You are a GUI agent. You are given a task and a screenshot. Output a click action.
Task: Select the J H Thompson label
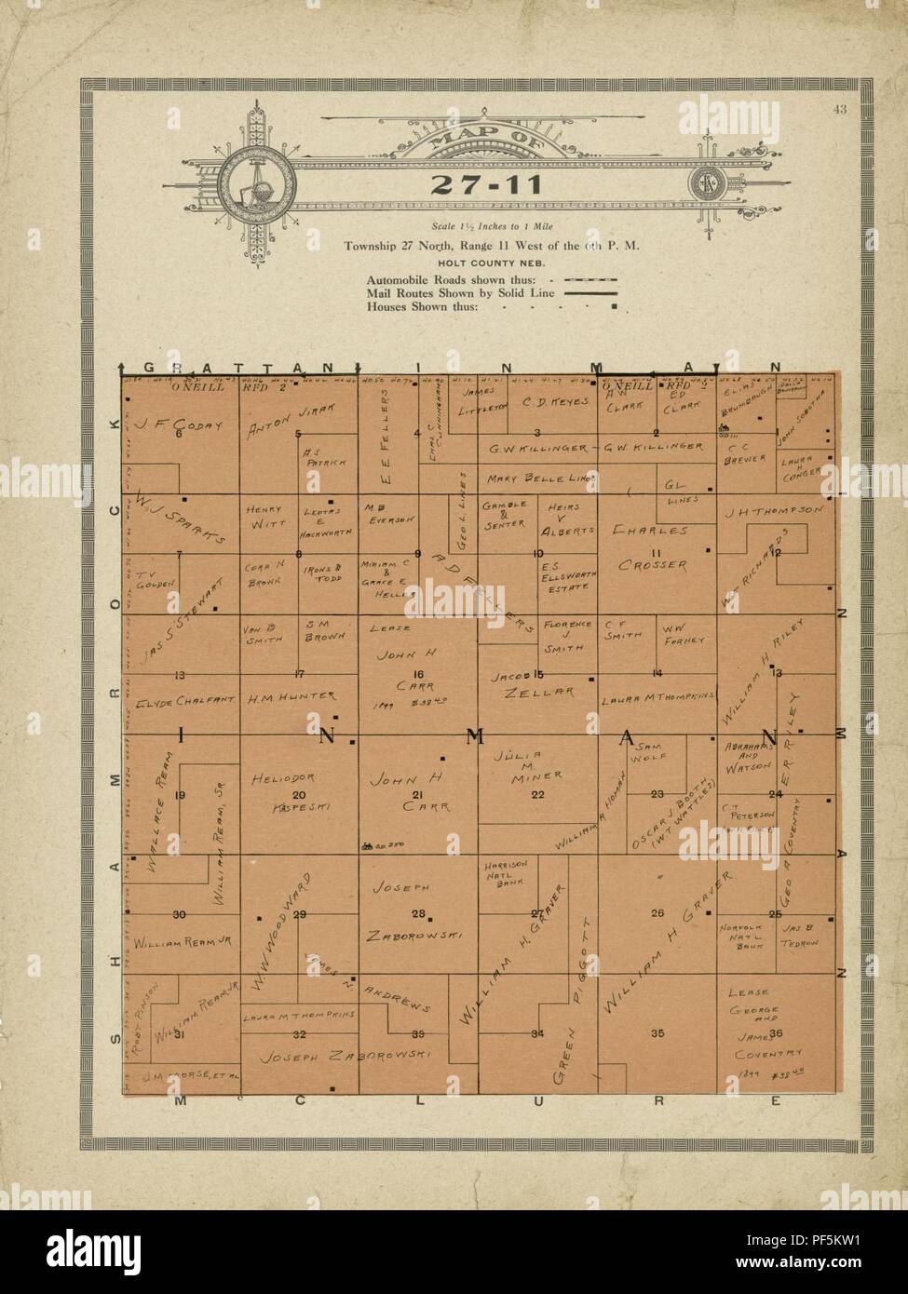(x=773, y=511)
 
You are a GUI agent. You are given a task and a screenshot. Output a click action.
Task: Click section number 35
(x=657, y=1032)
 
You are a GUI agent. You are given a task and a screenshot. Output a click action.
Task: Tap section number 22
(x=537, y=794)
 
